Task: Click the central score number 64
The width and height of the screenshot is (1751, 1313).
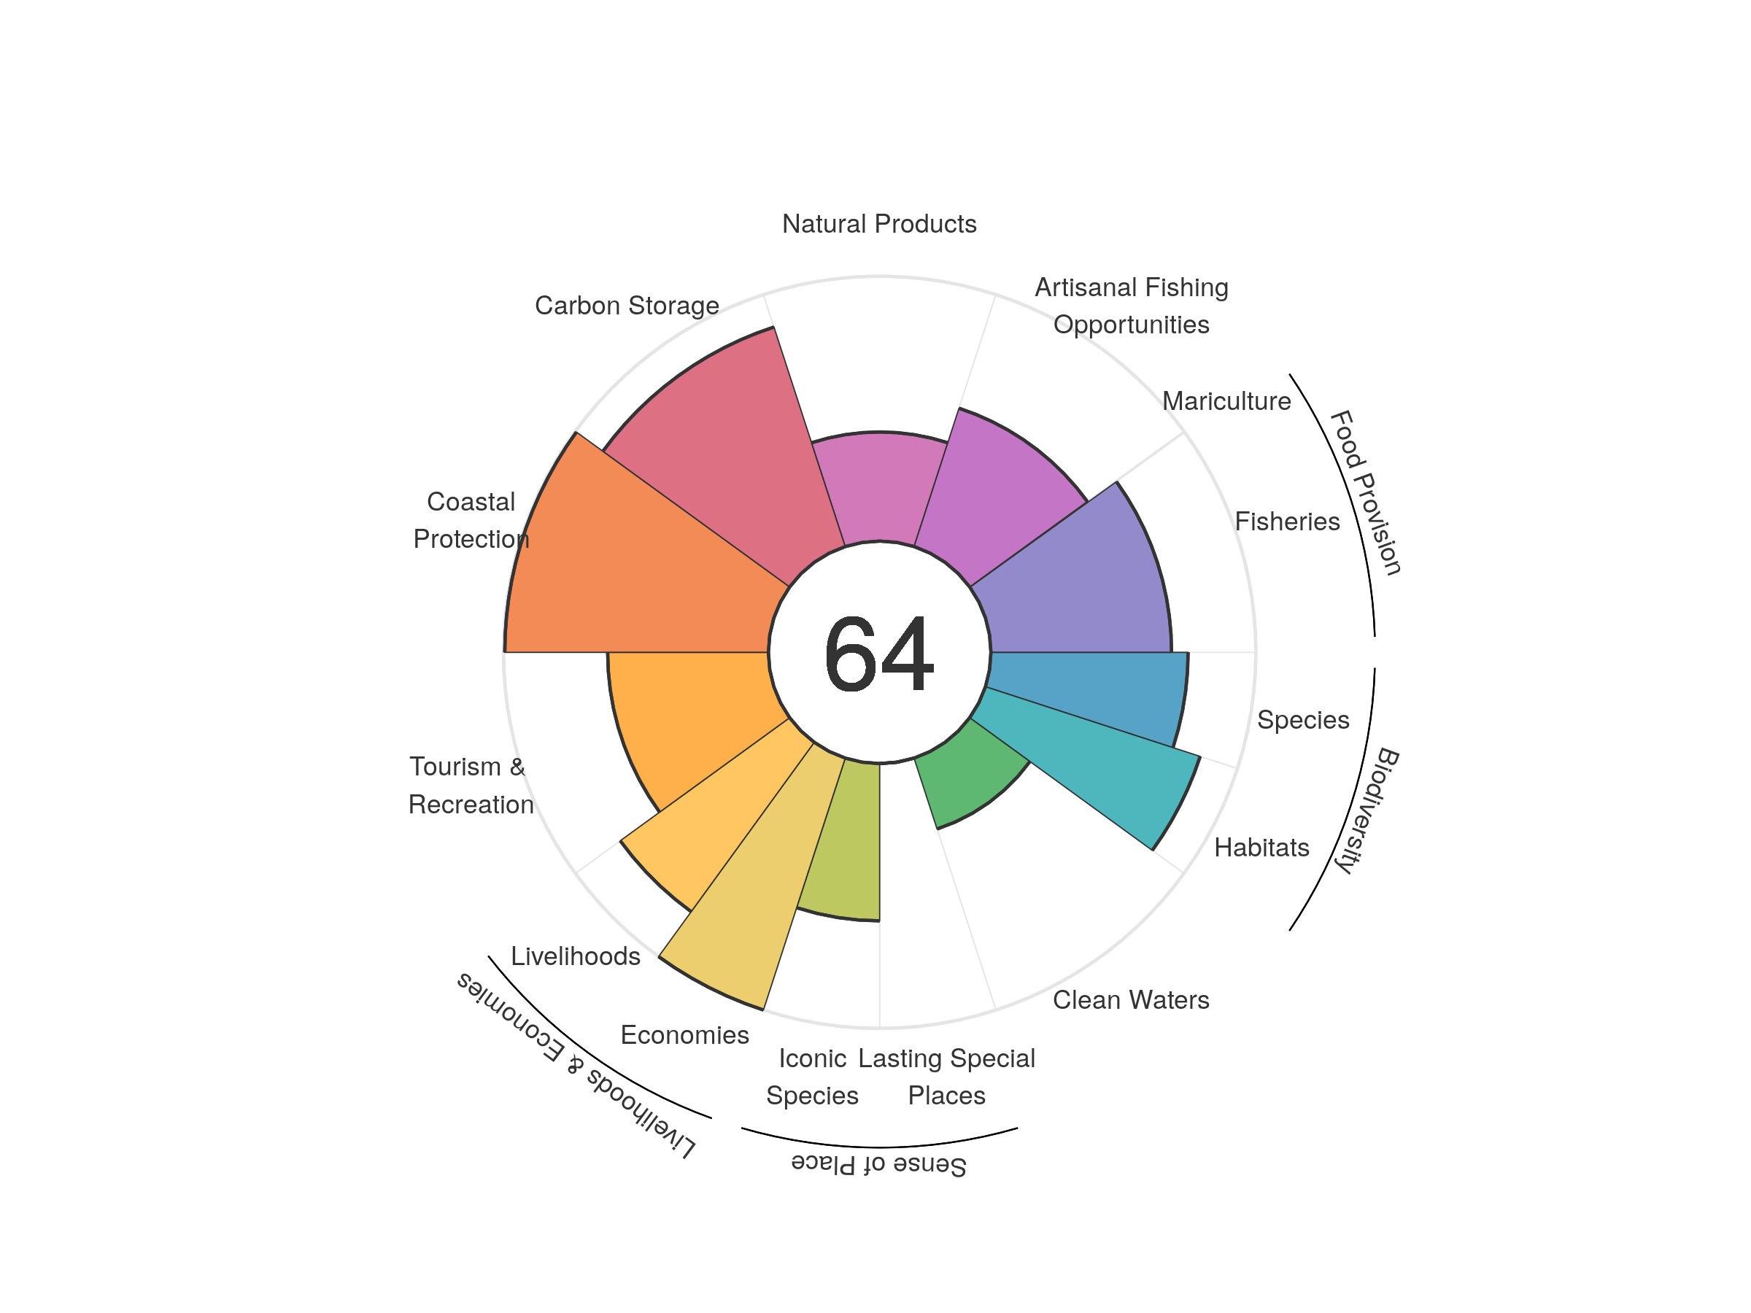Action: click(x=878, y=654)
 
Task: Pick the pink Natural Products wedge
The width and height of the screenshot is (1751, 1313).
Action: click(x=878, y=487)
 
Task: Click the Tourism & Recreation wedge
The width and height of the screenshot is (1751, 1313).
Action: click(x=681, y=712)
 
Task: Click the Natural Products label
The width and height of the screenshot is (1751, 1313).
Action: click(x=878, y=224)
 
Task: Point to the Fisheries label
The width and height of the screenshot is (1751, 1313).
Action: click(x=1287, y=522)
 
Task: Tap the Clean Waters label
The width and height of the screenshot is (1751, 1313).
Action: click(x=1130, y=1000)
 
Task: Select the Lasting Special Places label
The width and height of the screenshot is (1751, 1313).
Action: click(x=947, y=1077)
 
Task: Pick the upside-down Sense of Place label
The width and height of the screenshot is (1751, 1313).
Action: click(x=878, y=1164)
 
